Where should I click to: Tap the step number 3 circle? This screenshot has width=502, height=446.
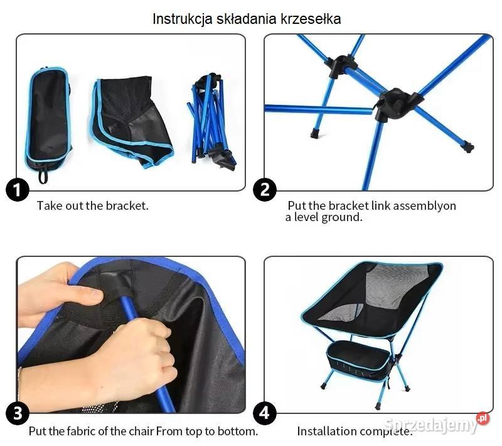pyautogui.click(x=18, y=413)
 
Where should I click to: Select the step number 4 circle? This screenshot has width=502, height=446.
pyautogui.click(x=265, y=413)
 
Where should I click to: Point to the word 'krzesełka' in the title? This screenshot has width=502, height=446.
pyautogui.click(x=312, y=19)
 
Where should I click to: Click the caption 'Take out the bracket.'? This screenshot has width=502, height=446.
pyautogui.click(x=93, y=205)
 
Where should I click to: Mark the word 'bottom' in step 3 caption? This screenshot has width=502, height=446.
pyautogui.click(x=238, y=432)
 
